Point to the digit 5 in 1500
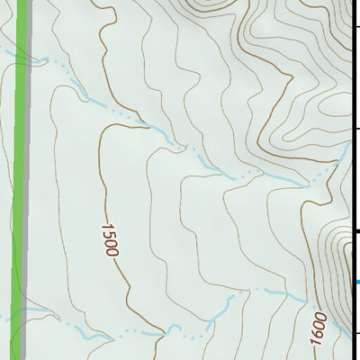108,234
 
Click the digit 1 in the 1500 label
105,227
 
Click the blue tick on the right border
356,283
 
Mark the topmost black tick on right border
357,26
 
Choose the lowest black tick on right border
357,334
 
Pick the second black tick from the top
357,129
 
